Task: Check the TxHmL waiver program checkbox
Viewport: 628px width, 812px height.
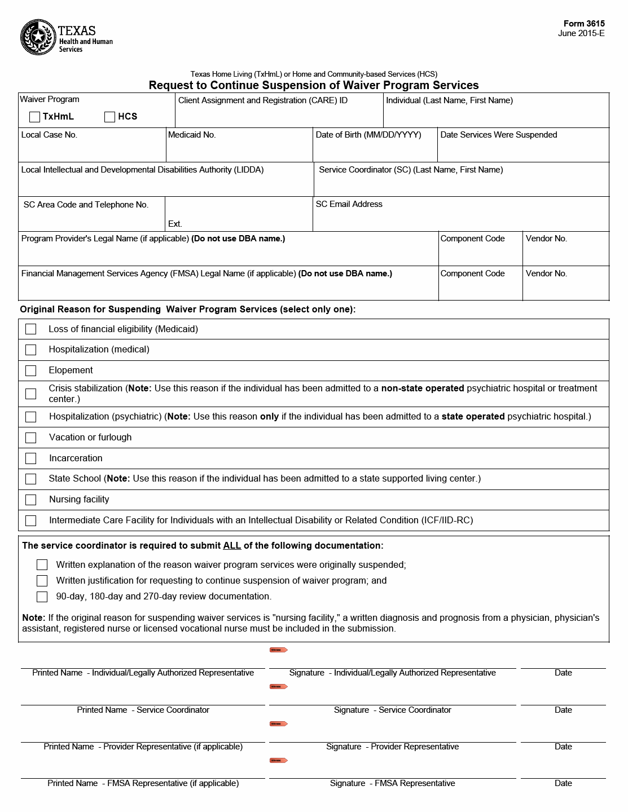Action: [34, 117]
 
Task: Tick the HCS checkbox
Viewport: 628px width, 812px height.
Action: [109, 117]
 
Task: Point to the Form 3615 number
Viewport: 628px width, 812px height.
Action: [584, 24]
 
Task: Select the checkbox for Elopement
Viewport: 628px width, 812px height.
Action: [31, 370]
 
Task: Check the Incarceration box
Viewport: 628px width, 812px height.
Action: [31, 458]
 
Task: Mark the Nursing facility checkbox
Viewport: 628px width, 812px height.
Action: [31, 500]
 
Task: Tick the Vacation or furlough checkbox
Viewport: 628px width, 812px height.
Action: [31, 438]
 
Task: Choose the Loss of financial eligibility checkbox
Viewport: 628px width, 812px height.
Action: [31, 329]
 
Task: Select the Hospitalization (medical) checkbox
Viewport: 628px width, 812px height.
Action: [31, 350]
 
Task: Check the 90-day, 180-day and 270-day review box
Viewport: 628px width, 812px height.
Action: [42, 597]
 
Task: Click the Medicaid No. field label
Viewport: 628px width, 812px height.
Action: [192, 135]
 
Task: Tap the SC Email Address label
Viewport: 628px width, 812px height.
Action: [349, 204]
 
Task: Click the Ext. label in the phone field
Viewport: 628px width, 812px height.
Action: [175, 224]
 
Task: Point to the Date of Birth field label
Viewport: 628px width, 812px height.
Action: [368, 135]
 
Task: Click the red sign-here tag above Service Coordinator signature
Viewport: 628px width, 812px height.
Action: [279, 687]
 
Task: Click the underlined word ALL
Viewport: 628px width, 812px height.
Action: [232, 546]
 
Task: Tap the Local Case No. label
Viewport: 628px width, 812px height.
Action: [49, 135]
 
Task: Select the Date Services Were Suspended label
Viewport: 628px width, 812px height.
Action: [498, 135]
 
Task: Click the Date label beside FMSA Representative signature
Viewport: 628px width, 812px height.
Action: [563, 783]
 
